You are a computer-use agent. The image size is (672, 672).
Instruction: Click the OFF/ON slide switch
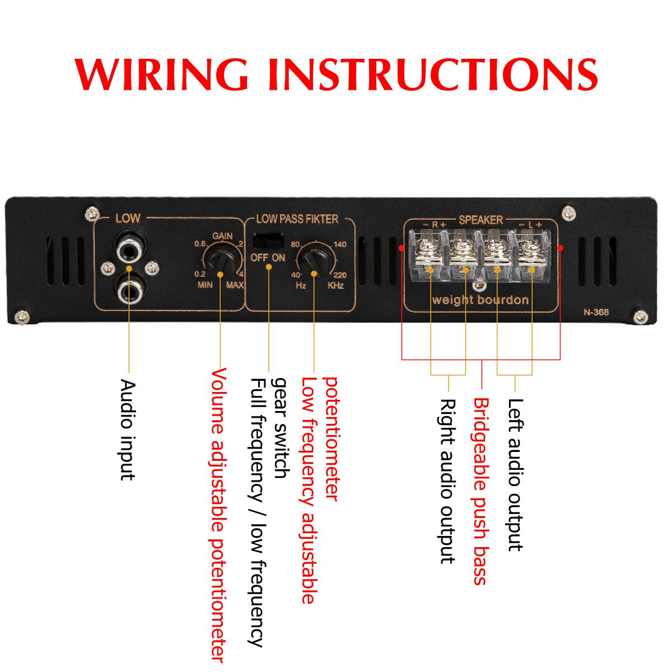click(268, 241)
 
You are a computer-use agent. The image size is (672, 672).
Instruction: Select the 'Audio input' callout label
click(128, 430)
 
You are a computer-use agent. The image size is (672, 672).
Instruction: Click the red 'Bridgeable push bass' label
click(481, 491)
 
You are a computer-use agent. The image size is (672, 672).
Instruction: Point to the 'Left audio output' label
click(515, 474)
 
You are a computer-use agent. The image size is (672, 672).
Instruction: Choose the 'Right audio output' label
click(447, 480)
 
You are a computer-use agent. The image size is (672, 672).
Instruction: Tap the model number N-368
click(596, 312)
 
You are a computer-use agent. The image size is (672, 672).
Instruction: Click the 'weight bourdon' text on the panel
click(480, 300)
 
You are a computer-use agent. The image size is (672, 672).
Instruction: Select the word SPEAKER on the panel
click(480, 220)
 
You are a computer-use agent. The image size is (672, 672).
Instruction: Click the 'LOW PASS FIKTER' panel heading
click(297, 219)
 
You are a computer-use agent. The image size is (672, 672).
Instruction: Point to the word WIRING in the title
click(162, 74)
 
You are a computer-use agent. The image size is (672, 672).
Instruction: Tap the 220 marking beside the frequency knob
click(339, 275)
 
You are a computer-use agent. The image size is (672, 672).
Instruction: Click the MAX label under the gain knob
click(235, 285)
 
